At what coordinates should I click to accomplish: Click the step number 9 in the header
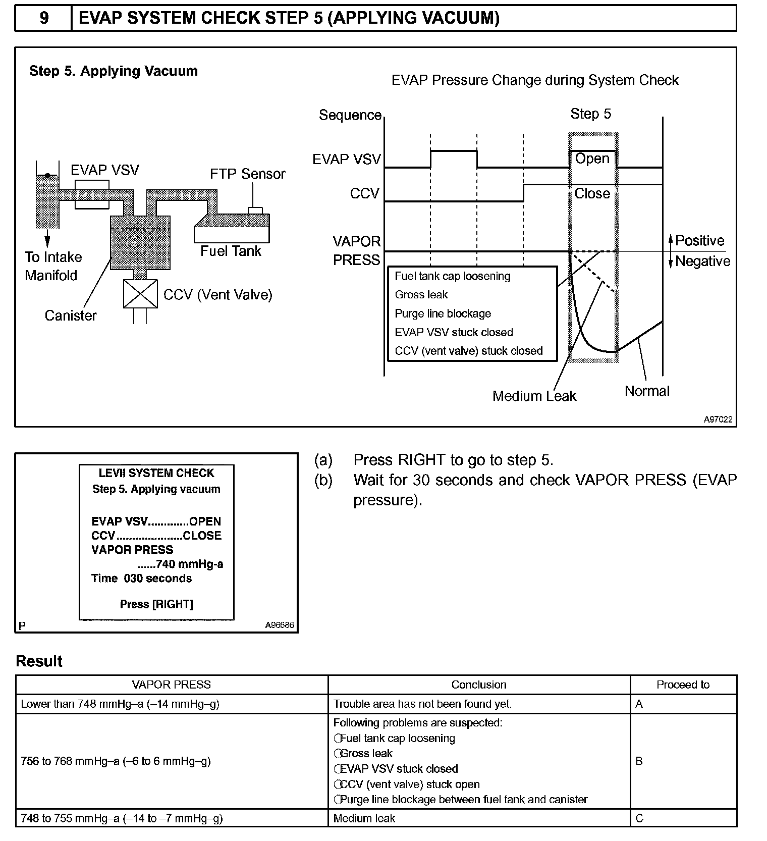pyautogui.click(x=44, y=18)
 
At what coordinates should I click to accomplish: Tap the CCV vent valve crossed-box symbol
pyautogui.click(x=140, y=294)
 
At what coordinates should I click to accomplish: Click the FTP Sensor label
pyautogui.click(x=247, y=174)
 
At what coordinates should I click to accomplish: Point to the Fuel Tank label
pyautogui.click(x=231, y=251)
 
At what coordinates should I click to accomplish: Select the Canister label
pyautogui.click(x=71, y=316)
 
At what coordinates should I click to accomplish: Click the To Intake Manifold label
pyautogui.click(x=53, y=266)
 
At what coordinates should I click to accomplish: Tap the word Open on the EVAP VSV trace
pyautogui.click(x=592, y=159)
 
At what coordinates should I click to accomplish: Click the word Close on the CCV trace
pyautogui.click(x=592, y=194)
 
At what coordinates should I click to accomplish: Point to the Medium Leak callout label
pyautogui.click(x=534, y=396)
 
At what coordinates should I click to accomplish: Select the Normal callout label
pyautogui.click(x=647, y=391)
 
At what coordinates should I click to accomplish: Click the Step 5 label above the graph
pyautogui.click(x=590, y=114)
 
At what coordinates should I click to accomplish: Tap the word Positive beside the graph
pyautogui.click(x=699, y=241)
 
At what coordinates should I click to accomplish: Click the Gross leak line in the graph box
pyautogui.click(x=421, y=295)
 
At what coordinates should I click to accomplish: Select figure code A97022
pyautogui.click(x=718, y=419)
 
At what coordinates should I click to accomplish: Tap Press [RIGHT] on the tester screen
pyautogui.click(x=156, y=604)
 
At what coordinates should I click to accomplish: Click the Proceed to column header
pyautogui.click(x=683, y=685)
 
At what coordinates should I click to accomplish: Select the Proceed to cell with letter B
pyautogui.click(x=639, y=761)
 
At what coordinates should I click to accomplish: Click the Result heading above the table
pyautogui.click(x=39, y=661)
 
